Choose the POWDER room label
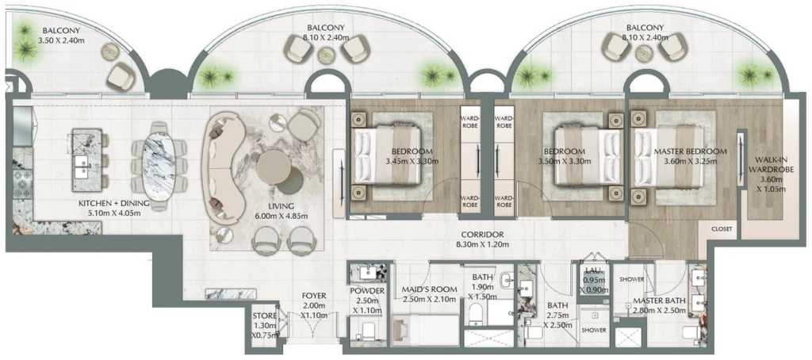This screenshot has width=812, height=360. tap(366, 297)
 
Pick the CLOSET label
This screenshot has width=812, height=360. tap(722, 229)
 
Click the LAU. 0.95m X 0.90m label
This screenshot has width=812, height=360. tap(595, 281)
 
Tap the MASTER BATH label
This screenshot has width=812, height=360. tap(658, 306)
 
